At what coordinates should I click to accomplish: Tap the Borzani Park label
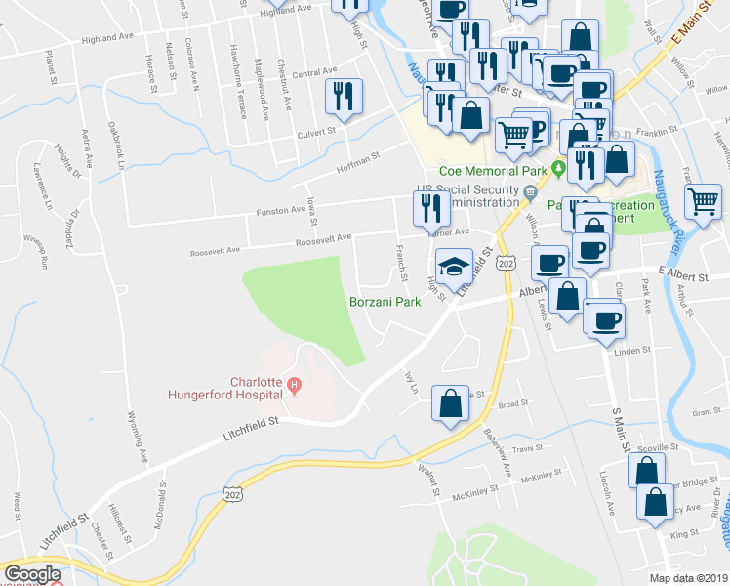(x=385, y=302)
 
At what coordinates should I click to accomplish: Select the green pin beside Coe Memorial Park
(x=558, y=169)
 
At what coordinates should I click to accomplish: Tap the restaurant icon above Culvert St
(x=343, y=97)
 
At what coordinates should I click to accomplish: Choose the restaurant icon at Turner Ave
(x=426, y=208)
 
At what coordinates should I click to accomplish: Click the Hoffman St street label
(x=358, y=157)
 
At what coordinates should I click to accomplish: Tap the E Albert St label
(x=682, y=276)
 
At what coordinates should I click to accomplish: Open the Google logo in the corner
(x=32, y=574)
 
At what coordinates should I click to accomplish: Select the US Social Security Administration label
(x=466, y=195)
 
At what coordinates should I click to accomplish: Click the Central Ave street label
(x=313, y=72)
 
